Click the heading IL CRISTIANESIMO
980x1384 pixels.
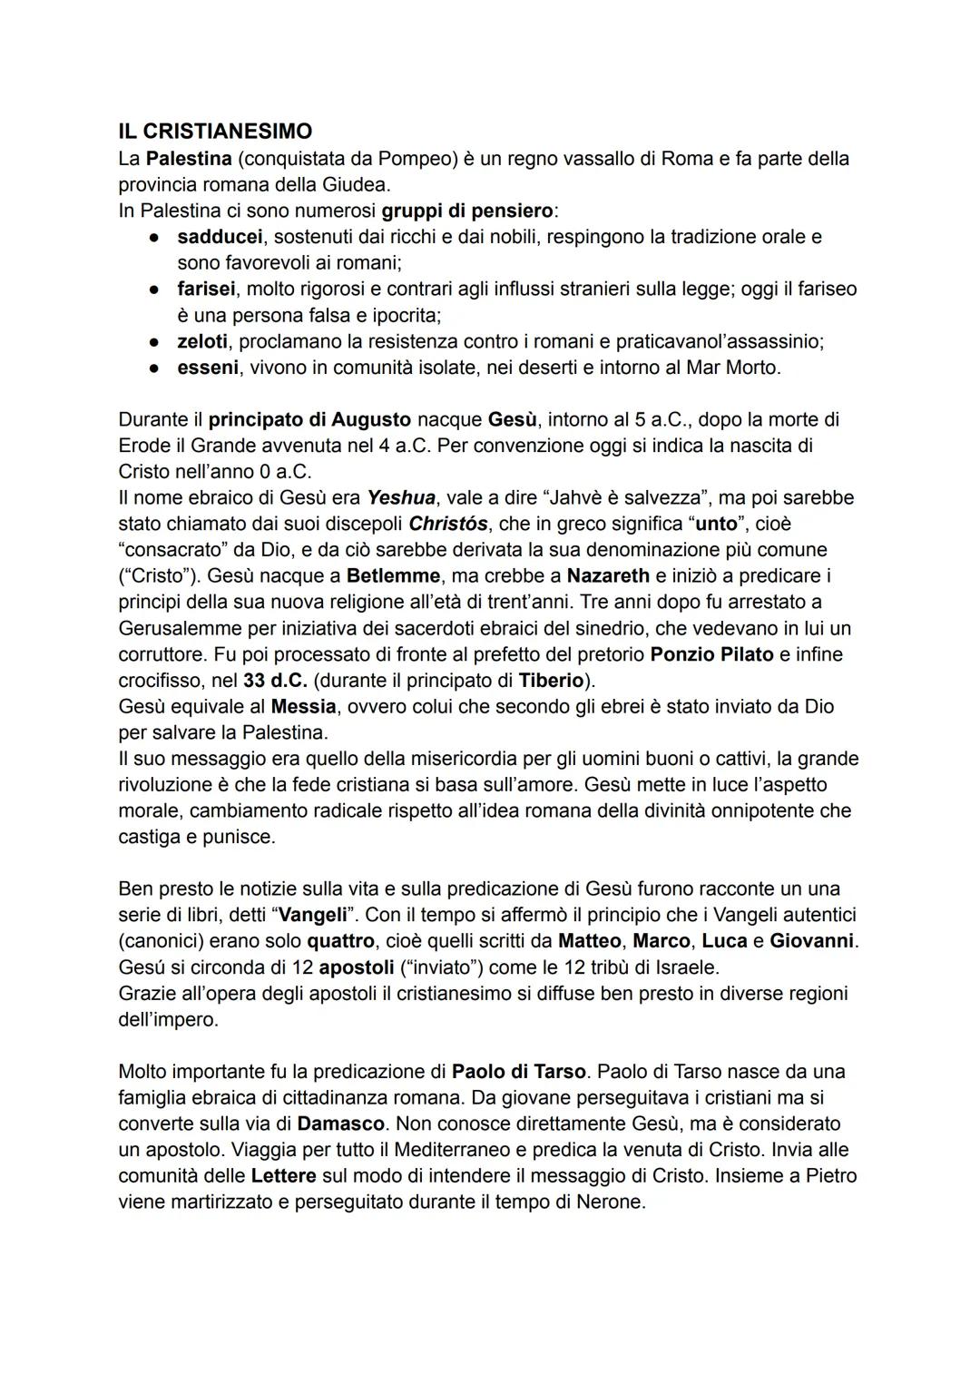coord(215,132)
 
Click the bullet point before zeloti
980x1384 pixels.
coord(156,342)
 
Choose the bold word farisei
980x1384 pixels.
coord(206,290)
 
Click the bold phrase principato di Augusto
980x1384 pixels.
coord(309,420)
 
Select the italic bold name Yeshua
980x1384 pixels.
coord(401,498)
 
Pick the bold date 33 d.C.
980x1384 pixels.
coord(275,681)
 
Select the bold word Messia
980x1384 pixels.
coord(303,706)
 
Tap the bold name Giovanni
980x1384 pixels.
coord(811,941)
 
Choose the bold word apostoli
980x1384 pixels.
coord(355,967)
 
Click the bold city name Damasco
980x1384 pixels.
coord(341,1124)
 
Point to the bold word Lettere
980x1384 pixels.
coord(283,1176)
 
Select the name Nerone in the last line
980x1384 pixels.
coord(608,1202)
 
